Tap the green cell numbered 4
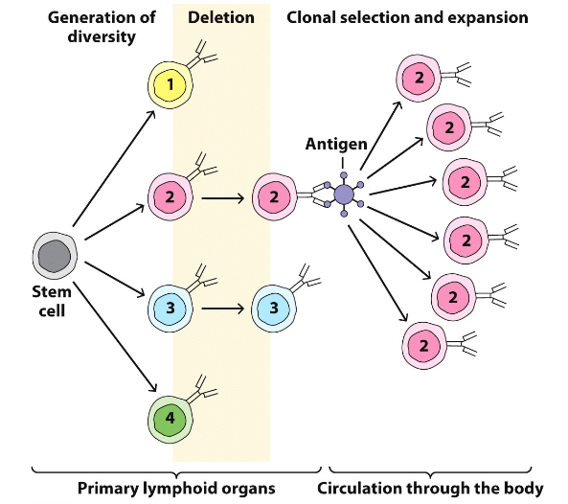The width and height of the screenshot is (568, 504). pos(170,418)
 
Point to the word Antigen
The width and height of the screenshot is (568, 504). pos(335,145)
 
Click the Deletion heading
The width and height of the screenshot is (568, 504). pos(220,16)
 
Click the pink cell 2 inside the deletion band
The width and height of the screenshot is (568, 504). pos(170,197)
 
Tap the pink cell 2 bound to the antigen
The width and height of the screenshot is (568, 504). pos(274,197)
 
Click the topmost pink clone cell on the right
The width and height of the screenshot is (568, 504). pos(419,78)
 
